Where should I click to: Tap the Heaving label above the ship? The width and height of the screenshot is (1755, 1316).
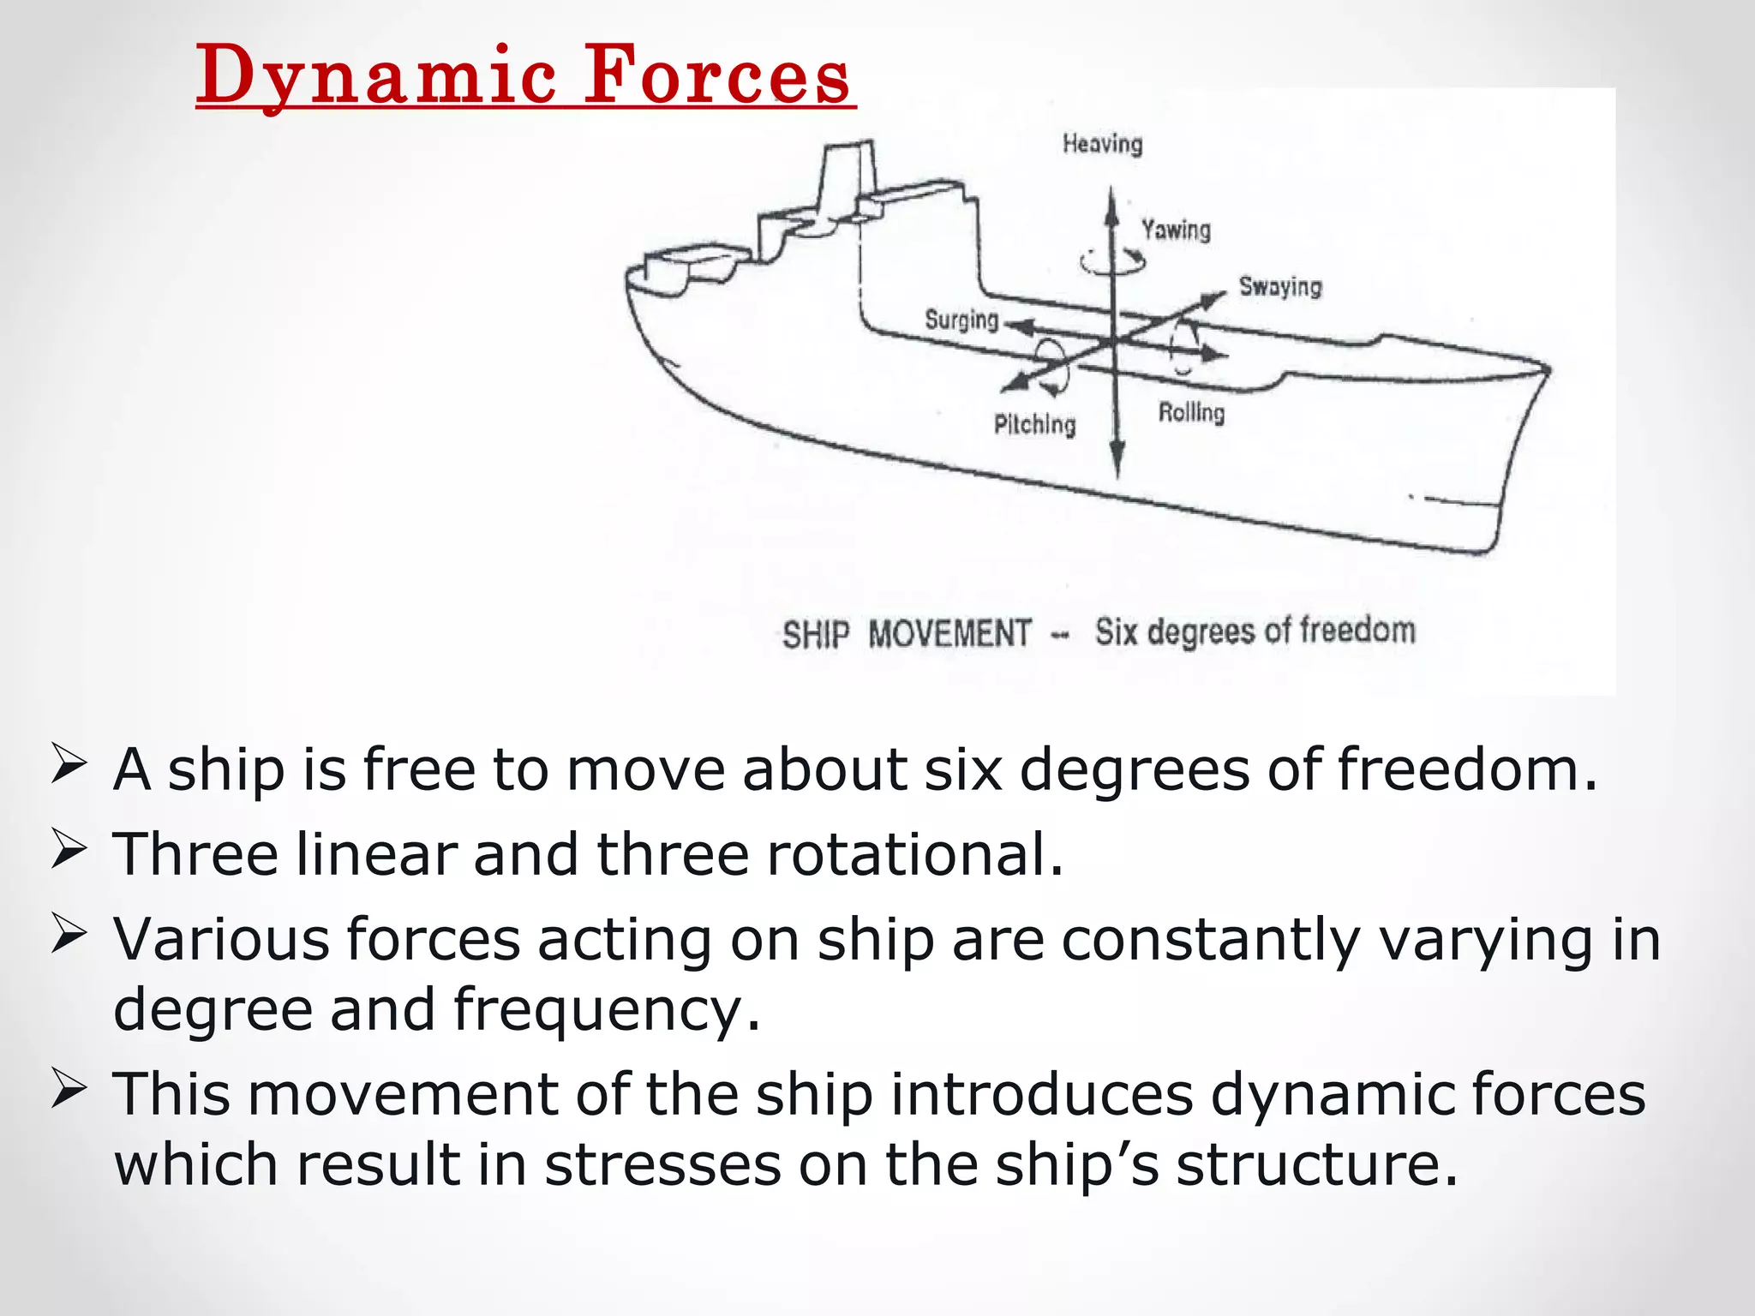coord(1102,144)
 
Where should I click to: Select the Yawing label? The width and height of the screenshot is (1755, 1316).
coord(1176,230)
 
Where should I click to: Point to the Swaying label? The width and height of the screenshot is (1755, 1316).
coord(1280,286)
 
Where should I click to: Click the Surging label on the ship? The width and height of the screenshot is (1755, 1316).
coord(961,320)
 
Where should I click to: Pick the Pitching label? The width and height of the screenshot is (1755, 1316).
coord(1034,424)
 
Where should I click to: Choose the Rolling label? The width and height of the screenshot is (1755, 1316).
coord(1191,413)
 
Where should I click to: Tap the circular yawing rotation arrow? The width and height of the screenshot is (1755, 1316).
coord(1112,261)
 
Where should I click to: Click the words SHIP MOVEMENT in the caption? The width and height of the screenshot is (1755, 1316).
coord(907,635)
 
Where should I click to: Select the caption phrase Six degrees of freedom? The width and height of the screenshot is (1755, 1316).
coord(1255,631)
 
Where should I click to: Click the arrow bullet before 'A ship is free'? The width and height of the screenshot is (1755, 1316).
coord(69,765)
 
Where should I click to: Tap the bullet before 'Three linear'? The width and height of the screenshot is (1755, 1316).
coord(69,850)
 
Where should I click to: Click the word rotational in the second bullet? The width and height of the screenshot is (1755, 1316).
coord(913,855)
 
